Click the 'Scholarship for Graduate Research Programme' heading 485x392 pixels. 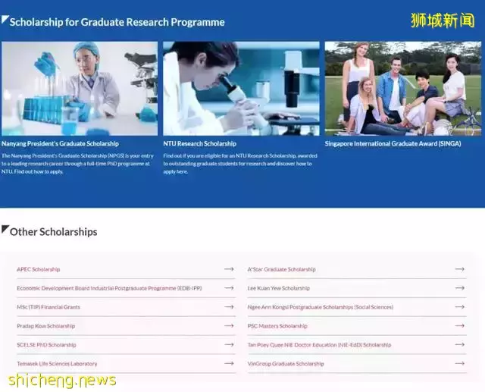point(117,22)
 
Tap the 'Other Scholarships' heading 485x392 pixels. point(53,232)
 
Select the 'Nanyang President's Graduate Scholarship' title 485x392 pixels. point(60,143)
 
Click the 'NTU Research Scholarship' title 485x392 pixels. point(199,143)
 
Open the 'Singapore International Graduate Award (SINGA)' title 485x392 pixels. point(393,143)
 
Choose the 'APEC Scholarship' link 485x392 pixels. point(39,269)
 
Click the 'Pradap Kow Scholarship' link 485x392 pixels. point(46,326)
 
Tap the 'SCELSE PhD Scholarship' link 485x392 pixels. point(47,345)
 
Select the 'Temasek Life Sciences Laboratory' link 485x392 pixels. point(57,364)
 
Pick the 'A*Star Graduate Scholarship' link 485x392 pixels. point(281,269)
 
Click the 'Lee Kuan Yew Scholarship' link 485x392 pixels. point(278,288)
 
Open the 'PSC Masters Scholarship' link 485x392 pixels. point(277,326)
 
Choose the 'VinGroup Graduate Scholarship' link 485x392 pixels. point(286,364)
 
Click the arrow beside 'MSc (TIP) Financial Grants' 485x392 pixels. point(229,307)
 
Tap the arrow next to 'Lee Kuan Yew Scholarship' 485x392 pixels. point(459,288)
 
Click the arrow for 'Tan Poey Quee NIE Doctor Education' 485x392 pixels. point(459,345)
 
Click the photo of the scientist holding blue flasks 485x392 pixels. point(80,89)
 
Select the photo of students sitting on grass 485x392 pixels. point(402,89)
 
